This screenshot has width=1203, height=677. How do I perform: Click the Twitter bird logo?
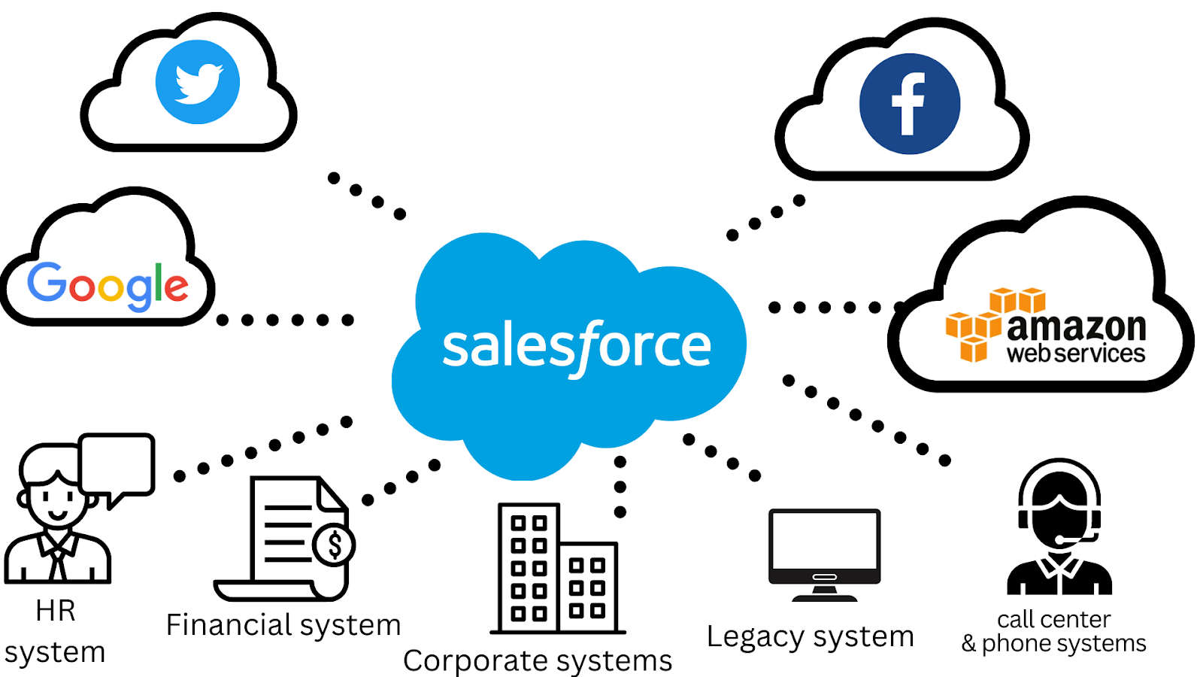198,82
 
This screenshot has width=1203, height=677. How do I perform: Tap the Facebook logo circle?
910,104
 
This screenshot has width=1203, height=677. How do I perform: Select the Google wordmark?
108,285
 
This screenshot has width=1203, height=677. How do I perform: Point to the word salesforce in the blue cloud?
577,347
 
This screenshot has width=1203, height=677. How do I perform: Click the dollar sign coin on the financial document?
334,545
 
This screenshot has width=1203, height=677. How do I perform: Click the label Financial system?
283,625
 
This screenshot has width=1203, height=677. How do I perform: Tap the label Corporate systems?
538,660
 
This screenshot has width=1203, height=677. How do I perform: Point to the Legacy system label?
810,637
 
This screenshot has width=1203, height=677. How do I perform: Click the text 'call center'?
1053,619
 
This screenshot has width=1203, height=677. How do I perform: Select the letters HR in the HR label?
55,611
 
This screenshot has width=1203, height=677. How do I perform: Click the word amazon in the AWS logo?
1076,327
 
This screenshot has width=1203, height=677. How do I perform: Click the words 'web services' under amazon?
1076,354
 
